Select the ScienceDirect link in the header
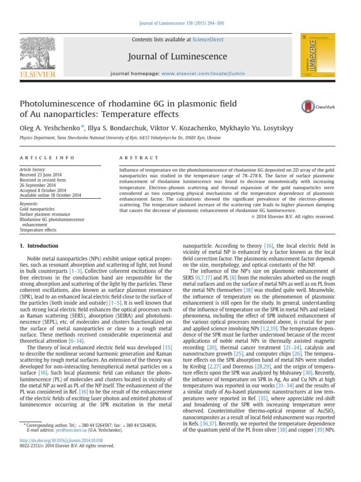click(197, 40)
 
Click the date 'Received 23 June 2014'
click(41, 174)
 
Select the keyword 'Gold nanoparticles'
click(37, 209)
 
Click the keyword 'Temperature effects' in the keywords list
click(38, 230)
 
